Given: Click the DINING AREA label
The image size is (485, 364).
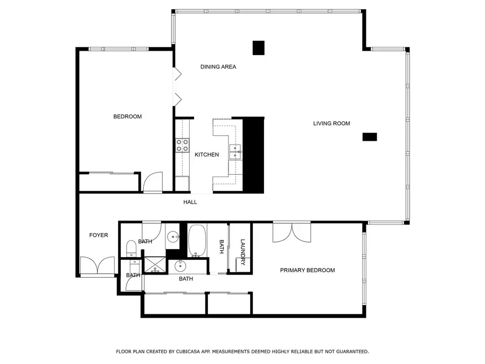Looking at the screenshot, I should click(218, 67).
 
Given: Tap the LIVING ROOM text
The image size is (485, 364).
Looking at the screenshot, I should click(331, 123).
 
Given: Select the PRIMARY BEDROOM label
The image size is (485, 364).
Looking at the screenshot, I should click(307, 270).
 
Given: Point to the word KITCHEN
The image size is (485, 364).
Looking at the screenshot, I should click(206, 155).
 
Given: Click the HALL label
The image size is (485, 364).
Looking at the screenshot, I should click(190, 202).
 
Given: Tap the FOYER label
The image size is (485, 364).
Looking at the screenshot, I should click(99, 235).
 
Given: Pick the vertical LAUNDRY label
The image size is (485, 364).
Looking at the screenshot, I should click(243, 252).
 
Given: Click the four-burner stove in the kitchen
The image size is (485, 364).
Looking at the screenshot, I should click(182, 145).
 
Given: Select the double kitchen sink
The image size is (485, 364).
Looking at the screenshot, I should click(235, 152).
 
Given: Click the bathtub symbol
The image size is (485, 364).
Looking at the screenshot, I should click(197, 241).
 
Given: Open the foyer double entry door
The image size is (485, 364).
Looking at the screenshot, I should click(97, 266).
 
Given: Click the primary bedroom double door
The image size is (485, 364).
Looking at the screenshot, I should click(292, 232).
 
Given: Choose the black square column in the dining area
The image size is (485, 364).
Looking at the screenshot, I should click(259, 48).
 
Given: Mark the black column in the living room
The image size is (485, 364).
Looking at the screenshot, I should click(370, 137).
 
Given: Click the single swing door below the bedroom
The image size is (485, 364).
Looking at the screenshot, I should click(153, 182).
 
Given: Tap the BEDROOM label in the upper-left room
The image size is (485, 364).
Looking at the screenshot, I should click(127, 116).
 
